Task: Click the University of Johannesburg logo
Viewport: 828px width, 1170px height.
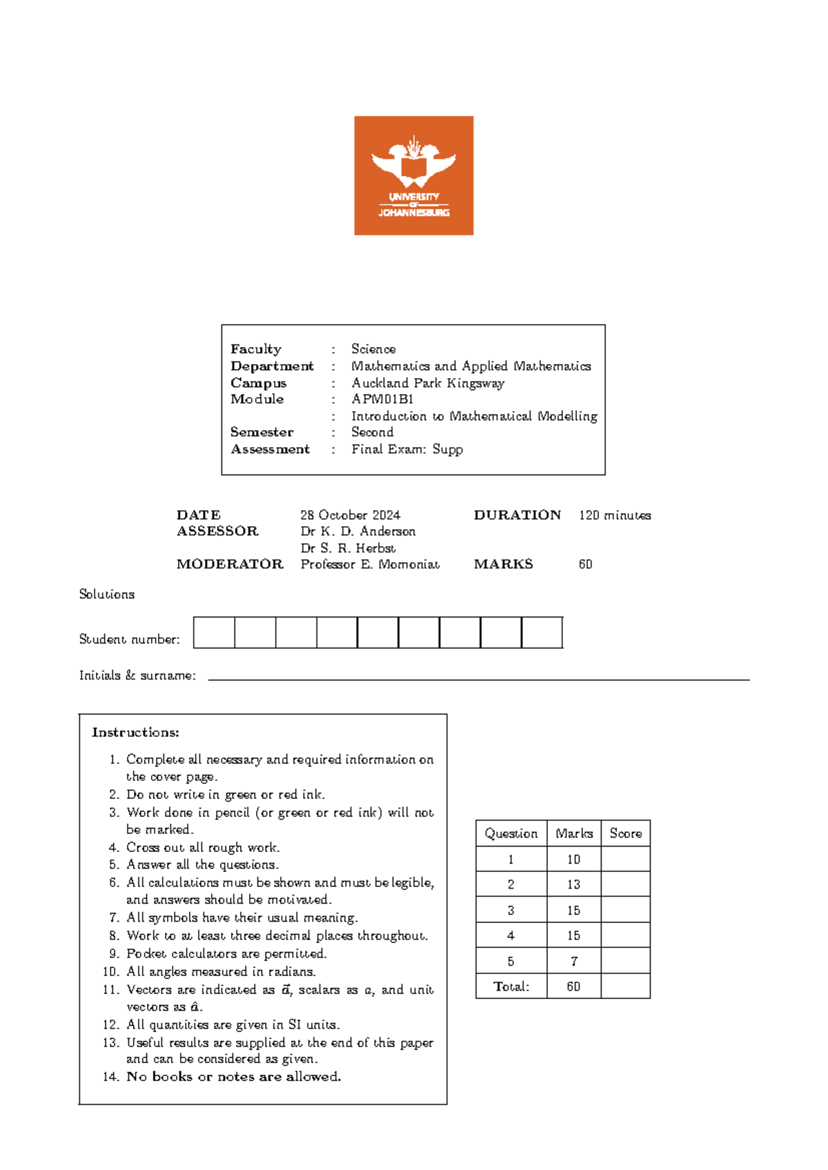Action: pyautogui.click(x=413, y=175)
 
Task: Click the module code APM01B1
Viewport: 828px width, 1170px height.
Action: pyautogui.click(x=382, y=399)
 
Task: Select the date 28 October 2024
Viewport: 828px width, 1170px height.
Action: pyautogui.click(x=350, y=515)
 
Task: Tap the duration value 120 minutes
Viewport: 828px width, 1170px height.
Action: pyautogui.click(x=614, y=515)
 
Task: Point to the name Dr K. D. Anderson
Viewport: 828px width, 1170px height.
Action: pyautogui.click(x=357, y=532)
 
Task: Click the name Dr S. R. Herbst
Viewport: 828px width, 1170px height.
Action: pyautogui.click(x=348, y=548)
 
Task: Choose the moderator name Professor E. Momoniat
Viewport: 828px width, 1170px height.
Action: pyautogui.click(x=370, y=564)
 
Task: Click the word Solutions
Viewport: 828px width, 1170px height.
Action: pyautogui.click(x=106, y=595)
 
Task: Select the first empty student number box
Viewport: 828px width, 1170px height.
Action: pyautogui.click(x=214, y=633)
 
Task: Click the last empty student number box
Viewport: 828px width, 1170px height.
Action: pyautogui.click(x=542, y=633)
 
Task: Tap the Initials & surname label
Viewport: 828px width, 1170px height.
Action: pyautogui.click(x=137, y=676)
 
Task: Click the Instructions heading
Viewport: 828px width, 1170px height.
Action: pyautogui.click(x=135, y=733)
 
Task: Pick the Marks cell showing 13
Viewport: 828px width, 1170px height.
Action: pyautogui.click(x=573, y=884)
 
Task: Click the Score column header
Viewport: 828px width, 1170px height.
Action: pyautogui.click(x=625, y=833)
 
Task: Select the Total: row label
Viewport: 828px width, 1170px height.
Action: pyautogui.click(x=511, y=986)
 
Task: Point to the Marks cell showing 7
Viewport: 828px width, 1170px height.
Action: pyautogui.click(x=573, y=961)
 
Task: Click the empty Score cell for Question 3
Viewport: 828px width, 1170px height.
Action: pyautogui.click(x=625, y=910)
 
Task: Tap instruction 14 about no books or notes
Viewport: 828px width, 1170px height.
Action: pyautogui.click(x=233, y=1077)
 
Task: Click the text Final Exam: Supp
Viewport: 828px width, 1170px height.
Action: pyautogui.click(x=406, y=450)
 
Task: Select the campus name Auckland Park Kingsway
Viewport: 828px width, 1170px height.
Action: pyautogui.click(x=428, y=384)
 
